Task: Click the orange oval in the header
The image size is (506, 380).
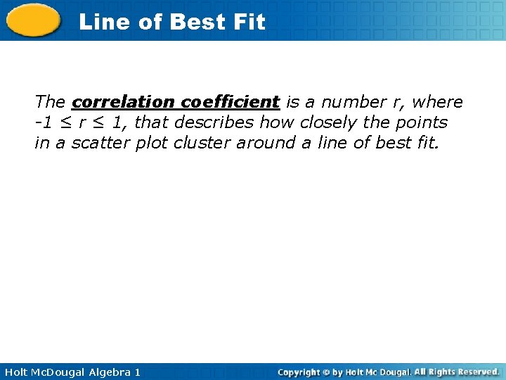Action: click(34, 20)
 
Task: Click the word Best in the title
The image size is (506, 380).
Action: click(197, 22)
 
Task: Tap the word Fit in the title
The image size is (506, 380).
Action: click(249, 22)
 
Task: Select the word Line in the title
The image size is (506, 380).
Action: click(105, 22)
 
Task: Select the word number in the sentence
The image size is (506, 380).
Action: click(351, 102)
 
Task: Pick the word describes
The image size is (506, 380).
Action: click(214, 122)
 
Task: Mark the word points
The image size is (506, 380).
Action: click(420, 122)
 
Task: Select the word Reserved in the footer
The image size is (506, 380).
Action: click(474, 372)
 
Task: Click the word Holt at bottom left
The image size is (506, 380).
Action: click(16, 372)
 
